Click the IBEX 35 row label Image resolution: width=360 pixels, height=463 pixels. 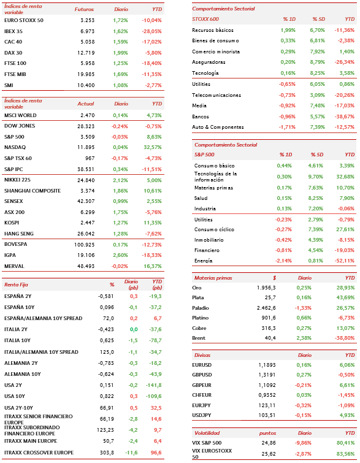[x=13, y=31]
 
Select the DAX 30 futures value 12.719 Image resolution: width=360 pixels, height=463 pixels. [x=86, y=53]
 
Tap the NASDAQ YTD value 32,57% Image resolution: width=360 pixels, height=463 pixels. [x=153, y=147]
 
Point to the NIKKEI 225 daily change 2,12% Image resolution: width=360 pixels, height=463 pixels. [x=120, y=180]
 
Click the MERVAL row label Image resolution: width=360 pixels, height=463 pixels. [x=14, y=266]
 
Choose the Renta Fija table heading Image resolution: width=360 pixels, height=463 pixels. [x=16, y=285]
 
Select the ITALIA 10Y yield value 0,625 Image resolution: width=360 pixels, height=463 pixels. [x=107, y=340]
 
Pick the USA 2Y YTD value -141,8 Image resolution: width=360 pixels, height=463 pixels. [x=153, y=385]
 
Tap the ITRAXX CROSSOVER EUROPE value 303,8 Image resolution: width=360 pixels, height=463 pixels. [x=107, y=453]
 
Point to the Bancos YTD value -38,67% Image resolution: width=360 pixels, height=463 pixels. [x=344, y=117]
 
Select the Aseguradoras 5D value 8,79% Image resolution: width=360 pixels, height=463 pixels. [x=318, y=62]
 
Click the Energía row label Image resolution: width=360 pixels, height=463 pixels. [x=203, y=261]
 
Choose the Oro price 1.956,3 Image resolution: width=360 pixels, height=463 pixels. [x=266, y=288]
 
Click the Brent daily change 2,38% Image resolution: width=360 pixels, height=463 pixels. [x=304, y=338]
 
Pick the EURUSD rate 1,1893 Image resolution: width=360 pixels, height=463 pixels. [x=267, y=365]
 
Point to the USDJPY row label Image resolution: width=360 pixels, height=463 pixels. [x=202, y=415]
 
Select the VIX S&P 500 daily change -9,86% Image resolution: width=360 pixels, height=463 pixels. [x=303, y=443]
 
